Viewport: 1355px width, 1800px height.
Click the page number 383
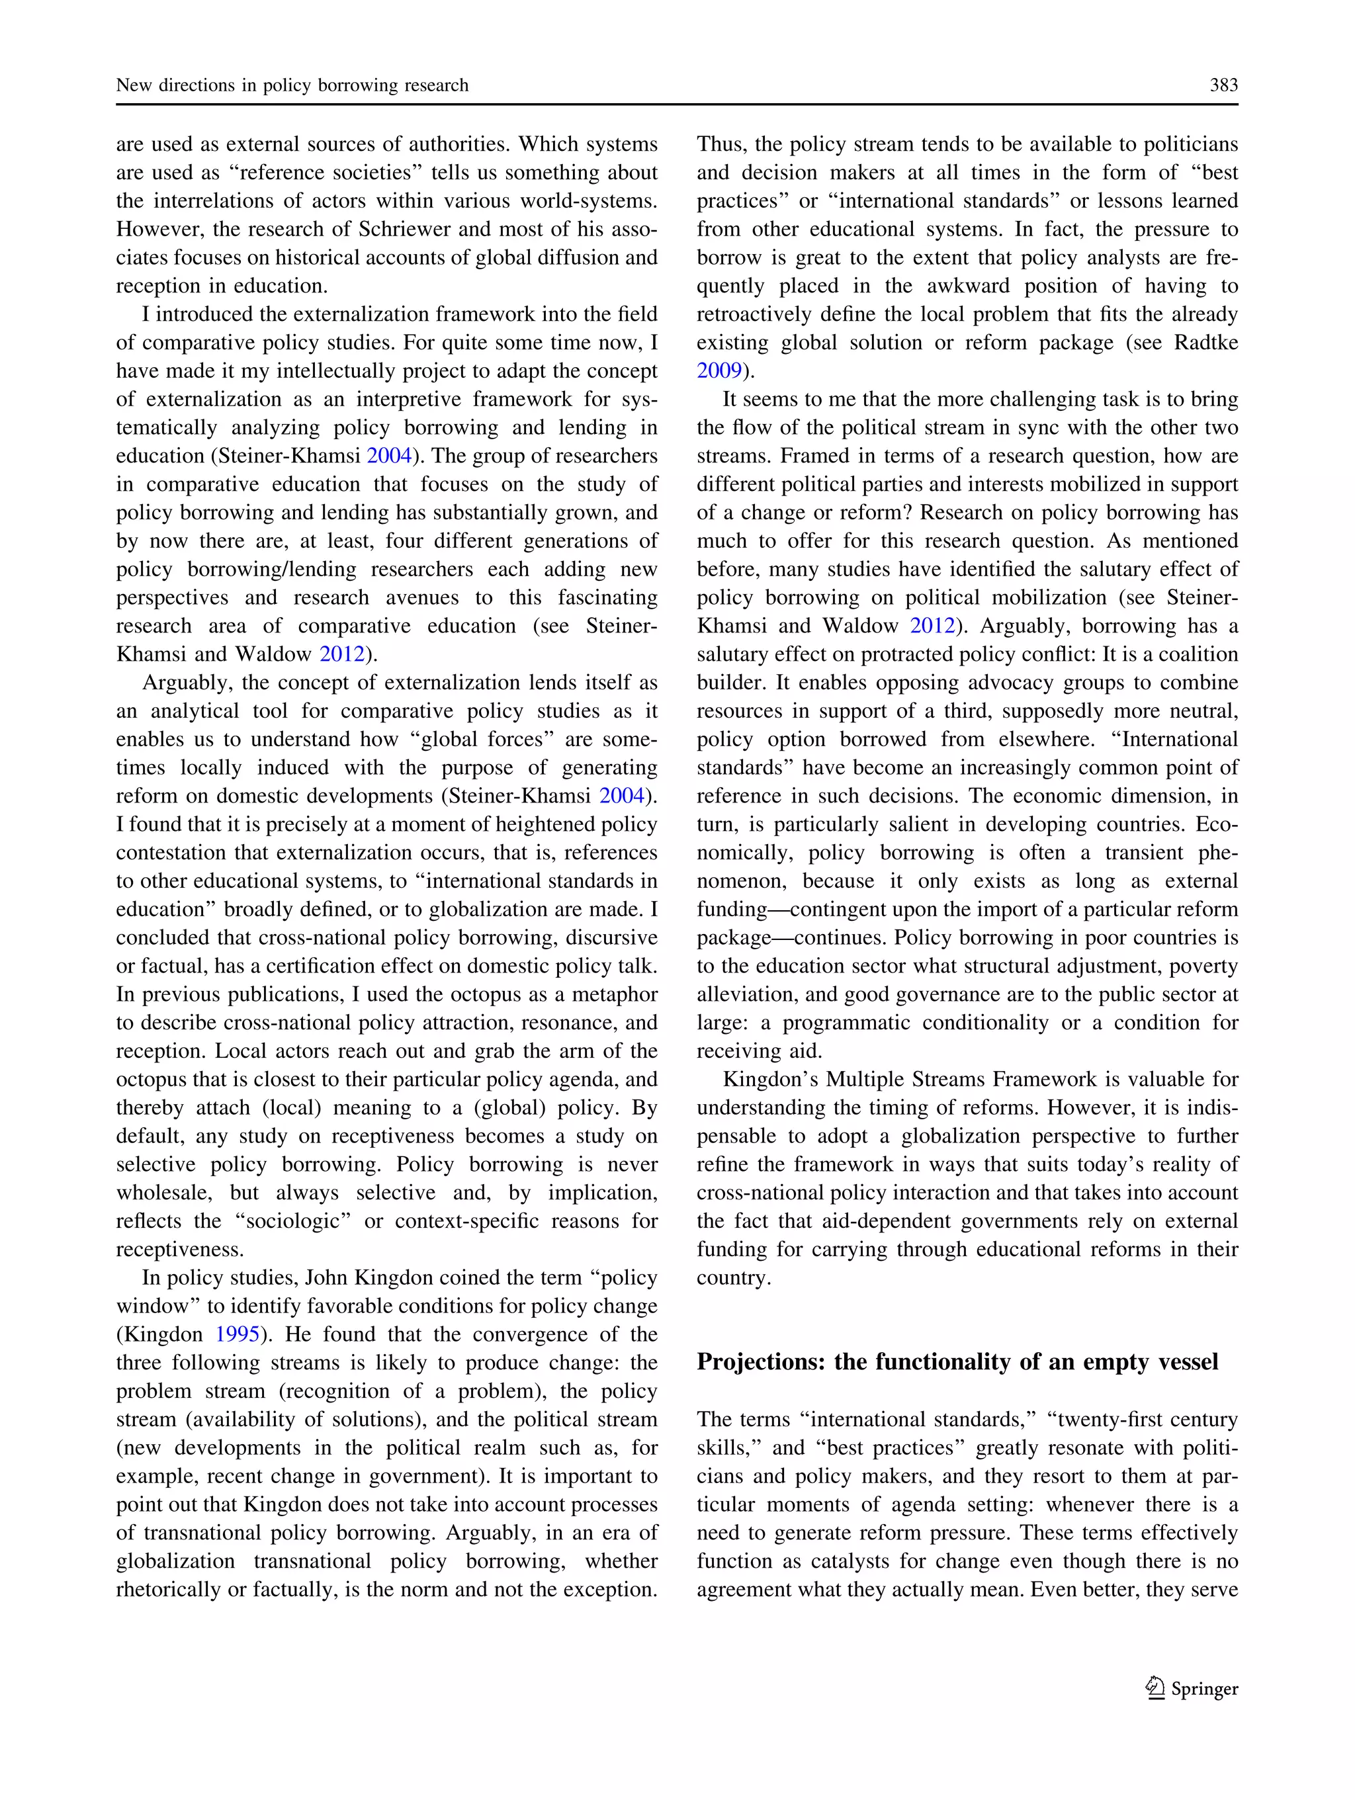1223,85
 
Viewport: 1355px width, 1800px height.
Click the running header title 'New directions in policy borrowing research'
292,85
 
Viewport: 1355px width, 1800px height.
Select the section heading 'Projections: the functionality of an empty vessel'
957,1362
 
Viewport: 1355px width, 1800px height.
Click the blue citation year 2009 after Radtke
719,371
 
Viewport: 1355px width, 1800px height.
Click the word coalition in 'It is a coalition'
1198,655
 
